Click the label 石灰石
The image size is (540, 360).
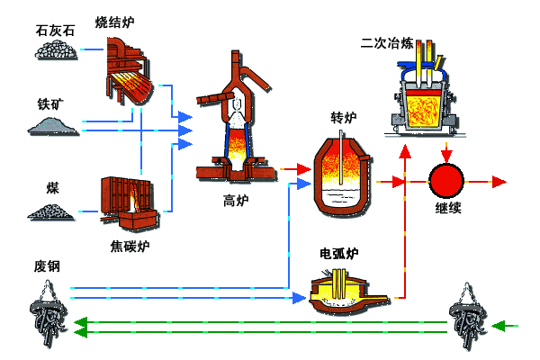[x=55, y=31]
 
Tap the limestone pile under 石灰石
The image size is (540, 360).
[x=56, y=49]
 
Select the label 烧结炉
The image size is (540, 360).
[x=114, y=22]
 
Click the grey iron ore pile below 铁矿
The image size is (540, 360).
[x=53, y=126]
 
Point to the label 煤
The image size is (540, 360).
[x=53, y=188]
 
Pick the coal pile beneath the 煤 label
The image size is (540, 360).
[x=51, y=211]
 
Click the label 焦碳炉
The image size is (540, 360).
[x=130, y=247]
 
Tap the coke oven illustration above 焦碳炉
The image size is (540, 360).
[x=130, y=203]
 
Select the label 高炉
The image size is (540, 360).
[x=236, y=201]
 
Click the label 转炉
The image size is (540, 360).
[x=344, y=118]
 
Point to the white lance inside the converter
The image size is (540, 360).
[x=341, y=157]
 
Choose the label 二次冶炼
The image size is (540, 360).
[x=387, y=43]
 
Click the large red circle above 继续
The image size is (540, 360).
[x=446, y=181]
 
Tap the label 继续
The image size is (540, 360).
[x=448, y=208]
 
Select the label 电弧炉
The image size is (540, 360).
[x=339, y=254]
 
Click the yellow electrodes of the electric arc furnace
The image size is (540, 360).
[x=339, y=283]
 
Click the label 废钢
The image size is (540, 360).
[x=47, y=266]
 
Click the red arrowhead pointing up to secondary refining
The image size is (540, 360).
[x=405, y=151]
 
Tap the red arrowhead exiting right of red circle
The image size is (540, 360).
[x=499, y=182]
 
